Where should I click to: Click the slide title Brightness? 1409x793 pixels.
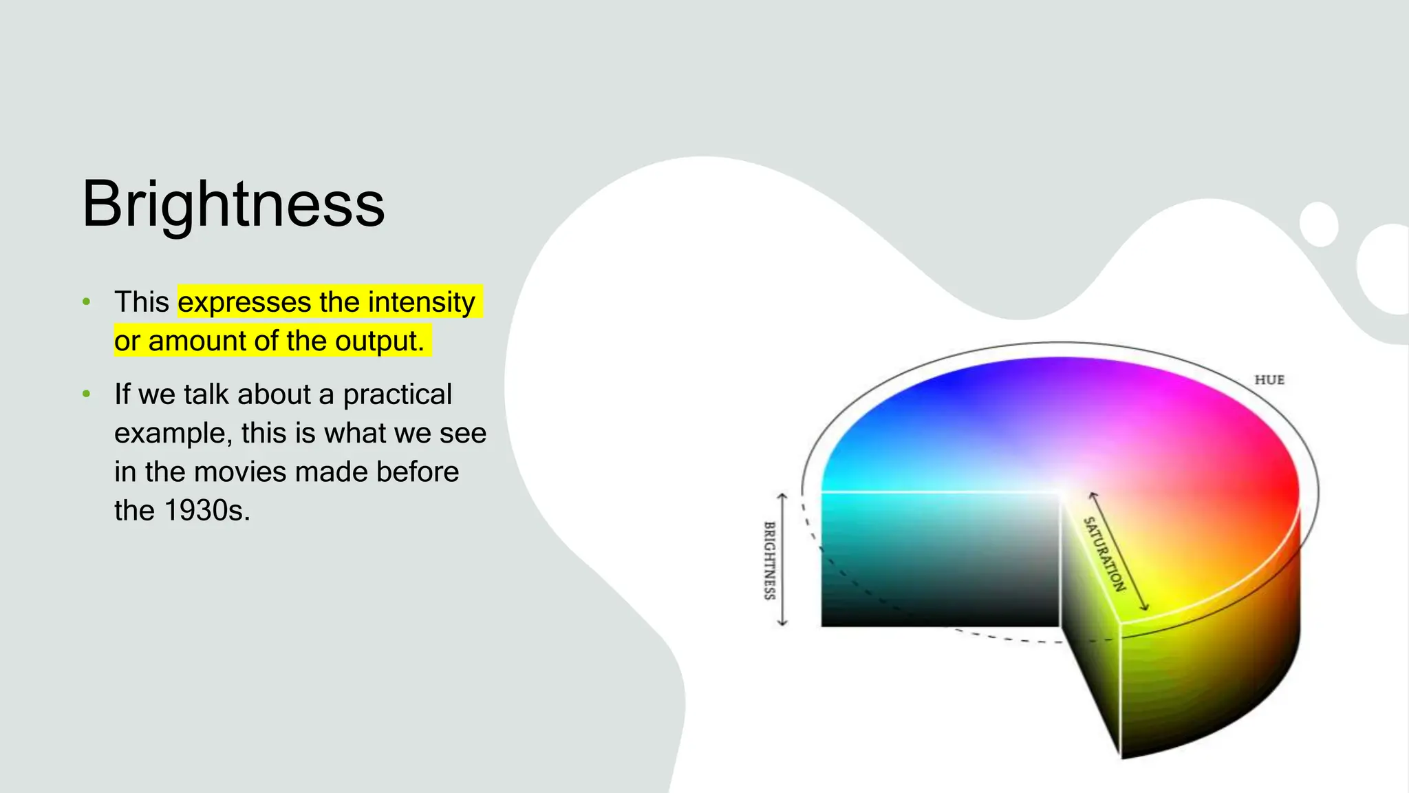(x=233, y=204)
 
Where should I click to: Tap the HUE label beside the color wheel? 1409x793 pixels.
(x=1269, y=380)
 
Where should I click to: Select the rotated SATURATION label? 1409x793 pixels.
(x=1104, y=554)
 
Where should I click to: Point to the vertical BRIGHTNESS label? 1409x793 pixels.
(x=770, y=560)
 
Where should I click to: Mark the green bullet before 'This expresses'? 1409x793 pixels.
(x=86, y=302)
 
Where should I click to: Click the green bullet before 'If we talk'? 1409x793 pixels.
(x=86, y=394)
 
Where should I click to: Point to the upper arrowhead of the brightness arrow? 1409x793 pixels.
(x=782, y=496)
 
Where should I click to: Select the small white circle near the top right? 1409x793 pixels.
(x=1319, y=224)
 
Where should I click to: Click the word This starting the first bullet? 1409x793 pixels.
(x=142, y=302)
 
